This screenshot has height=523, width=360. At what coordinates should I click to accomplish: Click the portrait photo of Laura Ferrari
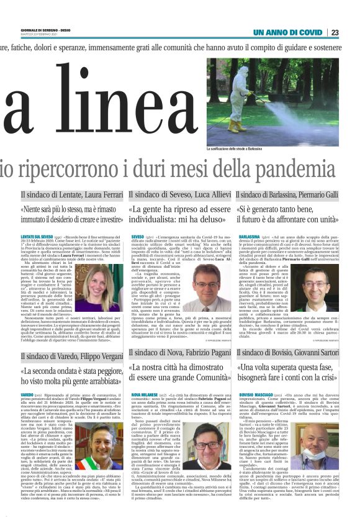(x=99, y=287)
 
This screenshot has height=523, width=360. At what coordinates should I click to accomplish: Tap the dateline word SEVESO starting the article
(x=137, y=237)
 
